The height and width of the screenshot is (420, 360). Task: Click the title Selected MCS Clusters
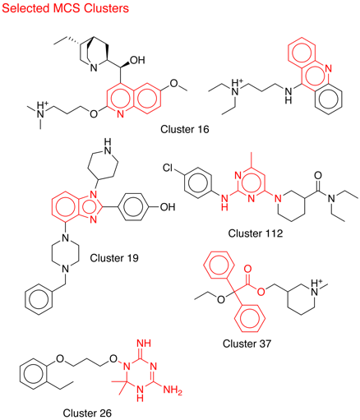pos(65,8)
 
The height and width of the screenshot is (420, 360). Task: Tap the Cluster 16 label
pos(185,129)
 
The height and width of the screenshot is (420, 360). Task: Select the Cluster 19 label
pos(114,258)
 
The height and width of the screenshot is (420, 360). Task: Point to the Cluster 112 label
pos(256,233)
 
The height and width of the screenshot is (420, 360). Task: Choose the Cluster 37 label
pos(247,344)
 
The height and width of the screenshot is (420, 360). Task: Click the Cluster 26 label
pos(87,413)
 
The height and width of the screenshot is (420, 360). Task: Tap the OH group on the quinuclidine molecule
pos(137,60)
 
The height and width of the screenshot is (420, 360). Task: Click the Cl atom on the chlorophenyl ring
pos(168,168)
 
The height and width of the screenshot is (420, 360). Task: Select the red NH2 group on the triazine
pos(173,390)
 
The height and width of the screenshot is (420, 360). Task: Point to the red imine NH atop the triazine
pos(144,343)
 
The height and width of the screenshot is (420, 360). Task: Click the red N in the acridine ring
pos(329,68)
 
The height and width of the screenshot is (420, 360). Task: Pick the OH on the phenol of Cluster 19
pos(168,207)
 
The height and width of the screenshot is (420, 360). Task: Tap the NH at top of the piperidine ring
pos(108,146)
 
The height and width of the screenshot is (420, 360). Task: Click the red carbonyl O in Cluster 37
pos(247,269)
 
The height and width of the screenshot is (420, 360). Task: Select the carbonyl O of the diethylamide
pos(318,175)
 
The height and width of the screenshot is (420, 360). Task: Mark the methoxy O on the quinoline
pos(174,83)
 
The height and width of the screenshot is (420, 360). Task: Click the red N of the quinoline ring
pos(120,114)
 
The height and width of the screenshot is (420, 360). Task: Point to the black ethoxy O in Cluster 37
pos(221,299)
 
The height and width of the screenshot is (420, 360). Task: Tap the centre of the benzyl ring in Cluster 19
pos(38,300)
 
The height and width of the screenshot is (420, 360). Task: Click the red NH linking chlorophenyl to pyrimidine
pos(224,202)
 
